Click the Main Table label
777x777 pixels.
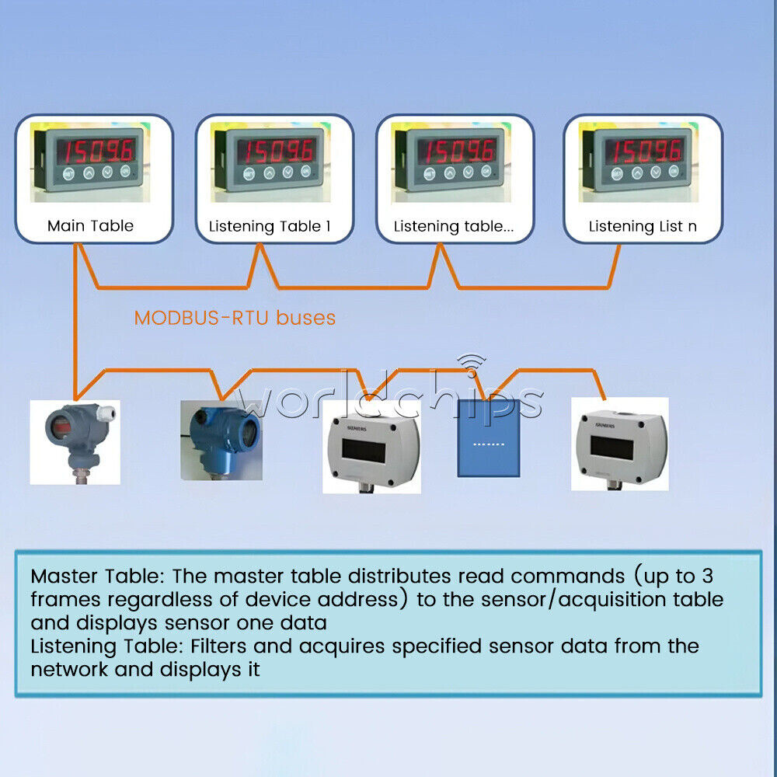(90, 226)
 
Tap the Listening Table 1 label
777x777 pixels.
(270, 227)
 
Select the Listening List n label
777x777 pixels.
(643, 227)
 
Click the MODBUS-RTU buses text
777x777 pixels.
(235, 318)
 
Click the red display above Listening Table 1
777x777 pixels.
(276, 149)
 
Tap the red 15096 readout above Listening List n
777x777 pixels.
(644, 149)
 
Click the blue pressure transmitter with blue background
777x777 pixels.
(221, 439)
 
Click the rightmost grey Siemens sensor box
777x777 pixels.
(619, 444)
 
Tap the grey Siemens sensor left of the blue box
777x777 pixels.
(371, 446)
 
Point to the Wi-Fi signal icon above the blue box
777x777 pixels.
(471, 365)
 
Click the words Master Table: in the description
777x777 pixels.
(98, 577)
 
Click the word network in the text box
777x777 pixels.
(68, 670)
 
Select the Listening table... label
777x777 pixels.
(454, 227)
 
